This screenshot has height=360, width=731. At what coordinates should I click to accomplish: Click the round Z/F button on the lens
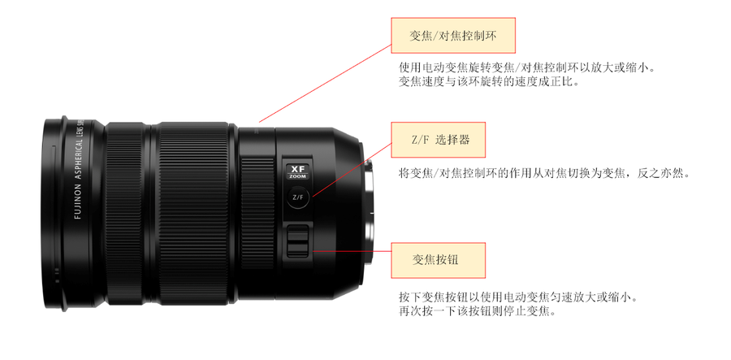[298, 197]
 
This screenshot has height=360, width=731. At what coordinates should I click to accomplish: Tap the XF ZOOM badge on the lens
[297, 171]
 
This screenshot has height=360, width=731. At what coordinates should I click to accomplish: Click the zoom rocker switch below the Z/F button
[297, 241]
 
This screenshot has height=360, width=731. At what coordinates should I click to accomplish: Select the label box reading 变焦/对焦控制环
[453, 36]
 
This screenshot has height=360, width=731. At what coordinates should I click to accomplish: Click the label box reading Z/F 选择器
[439, 140]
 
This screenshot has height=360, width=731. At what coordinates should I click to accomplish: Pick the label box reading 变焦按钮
[439, 260]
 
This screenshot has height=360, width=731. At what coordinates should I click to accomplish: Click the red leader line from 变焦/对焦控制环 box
[325, 84]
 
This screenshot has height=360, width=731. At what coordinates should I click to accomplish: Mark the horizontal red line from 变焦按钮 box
[351, 251]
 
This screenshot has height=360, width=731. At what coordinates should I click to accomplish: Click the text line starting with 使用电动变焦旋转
[527, 67]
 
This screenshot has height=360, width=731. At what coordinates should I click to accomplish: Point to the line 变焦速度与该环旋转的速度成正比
[489, 81]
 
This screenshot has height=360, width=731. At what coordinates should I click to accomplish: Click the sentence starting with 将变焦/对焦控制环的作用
[543, 174]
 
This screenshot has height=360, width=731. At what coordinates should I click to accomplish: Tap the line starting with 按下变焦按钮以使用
[517, 297]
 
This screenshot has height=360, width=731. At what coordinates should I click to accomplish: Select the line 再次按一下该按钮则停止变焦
[478, 310]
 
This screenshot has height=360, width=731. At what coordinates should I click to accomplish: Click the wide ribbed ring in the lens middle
[193, 214]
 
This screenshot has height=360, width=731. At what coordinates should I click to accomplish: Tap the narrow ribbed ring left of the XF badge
[257, 213]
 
